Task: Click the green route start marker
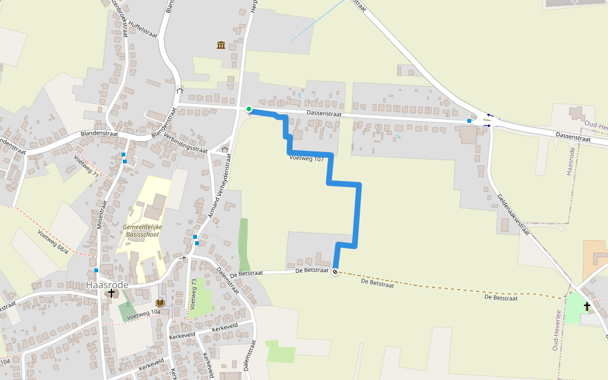(249, 109)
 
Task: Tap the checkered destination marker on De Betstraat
(335, 272)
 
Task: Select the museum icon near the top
(221, 45)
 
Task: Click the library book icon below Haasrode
(160, 303)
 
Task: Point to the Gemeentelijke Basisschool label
(141, 230)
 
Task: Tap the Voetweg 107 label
(307, 158)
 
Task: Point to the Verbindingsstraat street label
(186, 142)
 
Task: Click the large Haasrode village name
(107, 285)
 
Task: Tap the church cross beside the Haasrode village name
(111, 294)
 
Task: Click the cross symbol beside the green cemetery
(586, 307)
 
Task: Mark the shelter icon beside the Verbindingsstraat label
(224, 150)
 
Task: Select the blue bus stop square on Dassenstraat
(469, 120)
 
